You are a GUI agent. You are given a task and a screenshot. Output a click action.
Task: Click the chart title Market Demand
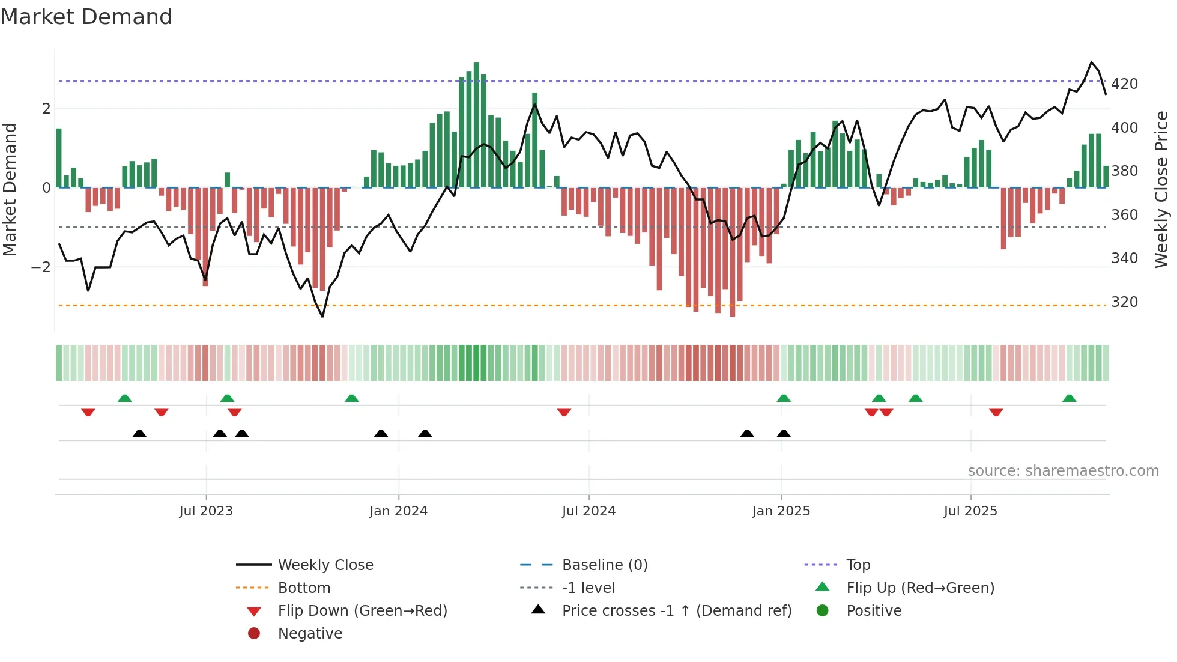86,16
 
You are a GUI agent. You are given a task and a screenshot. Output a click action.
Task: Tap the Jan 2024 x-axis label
398,511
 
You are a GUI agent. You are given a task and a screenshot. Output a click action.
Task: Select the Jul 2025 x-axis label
970,511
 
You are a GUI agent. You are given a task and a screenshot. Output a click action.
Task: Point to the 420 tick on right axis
1124,84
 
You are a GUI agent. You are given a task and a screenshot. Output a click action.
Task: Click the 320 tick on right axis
1124,302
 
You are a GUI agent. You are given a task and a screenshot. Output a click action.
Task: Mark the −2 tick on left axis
41,267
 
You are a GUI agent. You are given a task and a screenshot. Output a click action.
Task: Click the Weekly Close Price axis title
1161,189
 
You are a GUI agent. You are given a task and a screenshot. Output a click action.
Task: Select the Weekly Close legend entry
325,565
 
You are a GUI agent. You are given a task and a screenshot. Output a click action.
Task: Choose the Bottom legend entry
304,588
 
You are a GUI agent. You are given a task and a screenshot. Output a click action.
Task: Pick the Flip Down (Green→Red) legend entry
362,610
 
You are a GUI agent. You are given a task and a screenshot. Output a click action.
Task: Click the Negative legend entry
310,633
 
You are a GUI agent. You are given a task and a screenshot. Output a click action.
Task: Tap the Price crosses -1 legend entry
676,610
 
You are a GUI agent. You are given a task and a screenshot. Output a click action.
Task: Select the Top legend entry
858,565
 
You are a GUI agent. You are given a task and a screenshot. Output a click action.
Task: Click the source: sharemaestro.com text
1063,470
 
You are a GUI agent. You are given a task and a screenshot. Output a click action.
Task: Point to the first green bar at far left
59,157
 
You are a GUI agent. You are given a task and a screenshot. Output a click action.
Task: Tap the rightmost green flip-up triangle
1069,398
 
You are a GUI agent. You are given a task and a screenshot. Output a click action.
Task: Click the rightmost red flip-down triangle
996,412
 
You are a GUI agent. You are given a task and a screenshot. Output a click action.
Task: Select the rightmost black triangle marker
784,433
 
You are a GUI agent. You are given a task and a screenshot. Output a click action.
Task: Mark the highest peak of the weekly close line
1091,62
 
